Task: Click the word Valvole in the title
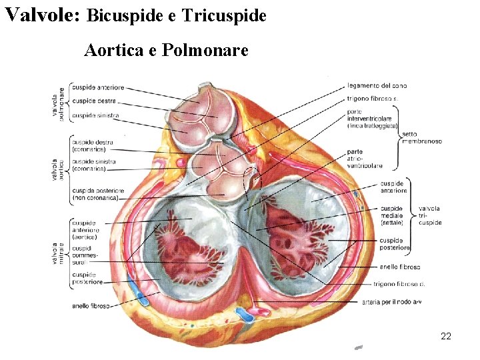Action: click(41, 14)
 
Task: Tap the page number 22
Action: click(446, 336)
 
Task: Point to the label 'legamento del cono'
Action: click(377, 85)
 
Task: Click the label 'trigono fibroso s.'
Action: click(373, 99)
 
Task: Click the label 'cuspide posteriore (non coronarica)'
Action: click(95, 193)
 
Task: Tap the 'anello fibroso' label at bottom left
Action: click(91, 306)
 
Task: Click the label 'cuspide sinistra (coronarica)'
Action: click(94, 165)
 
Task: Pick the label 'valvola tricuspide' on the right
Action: click(430, 215)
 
